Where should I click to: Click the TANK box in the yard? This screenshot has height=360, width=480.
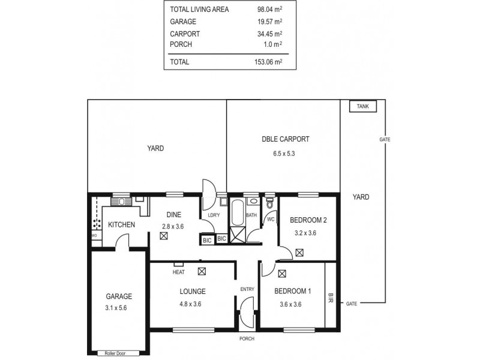pos(363,106)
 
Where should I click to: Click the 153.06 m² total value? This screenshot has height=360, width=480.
pos(268,61)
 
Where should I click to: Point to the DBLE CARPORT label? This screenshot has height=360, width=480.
pos(286,139)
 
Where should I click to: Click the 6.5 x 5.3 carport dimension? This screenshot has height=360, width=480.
pos(284,154)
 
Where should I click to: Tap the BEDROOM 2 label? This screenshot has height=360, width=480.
pos(308,220)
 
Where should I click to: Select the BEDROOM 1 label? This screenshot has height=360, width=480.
pos(292,292)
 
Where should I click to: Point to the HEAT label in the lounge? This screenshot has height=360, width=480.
pos(178,272)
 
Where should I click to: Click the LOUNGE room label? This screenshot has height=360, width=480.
pos(193,292)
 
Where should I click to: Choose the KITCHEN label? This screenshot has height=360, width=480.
pos(121,225)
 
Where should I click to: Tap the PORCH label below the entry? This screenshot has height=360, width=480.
pos(247,339)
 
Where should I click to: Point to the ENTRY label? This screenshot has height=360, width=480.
pos(247,289)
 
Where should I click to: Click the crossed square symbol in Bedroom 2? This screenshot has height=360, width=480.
pos(299,253)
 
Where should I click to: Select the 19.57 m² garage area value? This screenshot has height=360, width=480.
pos(269,22)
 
